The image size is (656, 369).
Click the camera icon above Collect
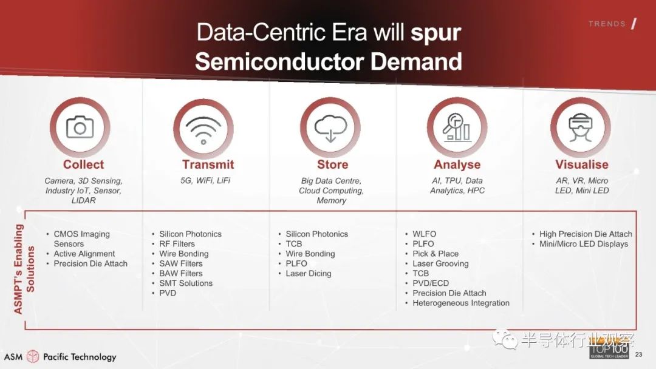point(80,127)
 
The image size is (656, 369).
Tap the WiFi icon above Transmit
point(203,129)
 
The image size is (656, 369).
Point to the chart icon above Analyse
point(457,127)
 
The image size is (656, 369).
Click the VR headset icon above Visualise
point(580,127)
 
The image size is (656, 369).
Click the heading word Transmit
point(208,164)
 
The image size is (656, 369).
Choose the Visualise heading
point(581,164)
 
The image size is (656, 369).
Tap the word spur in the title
point(436,33)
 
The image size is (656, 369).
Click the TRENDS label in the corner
point(607,24)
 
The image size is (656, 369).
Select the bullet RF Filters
point(177,243)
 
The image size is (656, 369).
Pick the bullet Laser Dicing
point(309,273)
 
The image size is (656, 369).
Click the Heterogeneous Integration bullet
point(461,303)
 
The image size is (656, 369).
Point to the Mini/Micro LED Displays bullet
point(584,243)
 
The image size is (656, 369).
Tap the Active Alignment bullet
point(84,254)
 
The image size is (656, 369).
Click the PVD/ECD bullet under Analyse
point(431,283)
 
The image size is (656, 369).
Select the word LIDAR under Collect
point(83,201)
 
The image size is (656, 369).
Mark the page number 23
point(638,354)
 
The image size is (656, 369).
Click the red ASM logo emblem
point(33,356)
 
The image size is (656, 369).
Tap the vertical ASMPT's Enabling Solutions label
point(24,269)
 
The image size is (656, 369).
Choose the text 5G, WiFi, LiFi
point(205,180)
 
